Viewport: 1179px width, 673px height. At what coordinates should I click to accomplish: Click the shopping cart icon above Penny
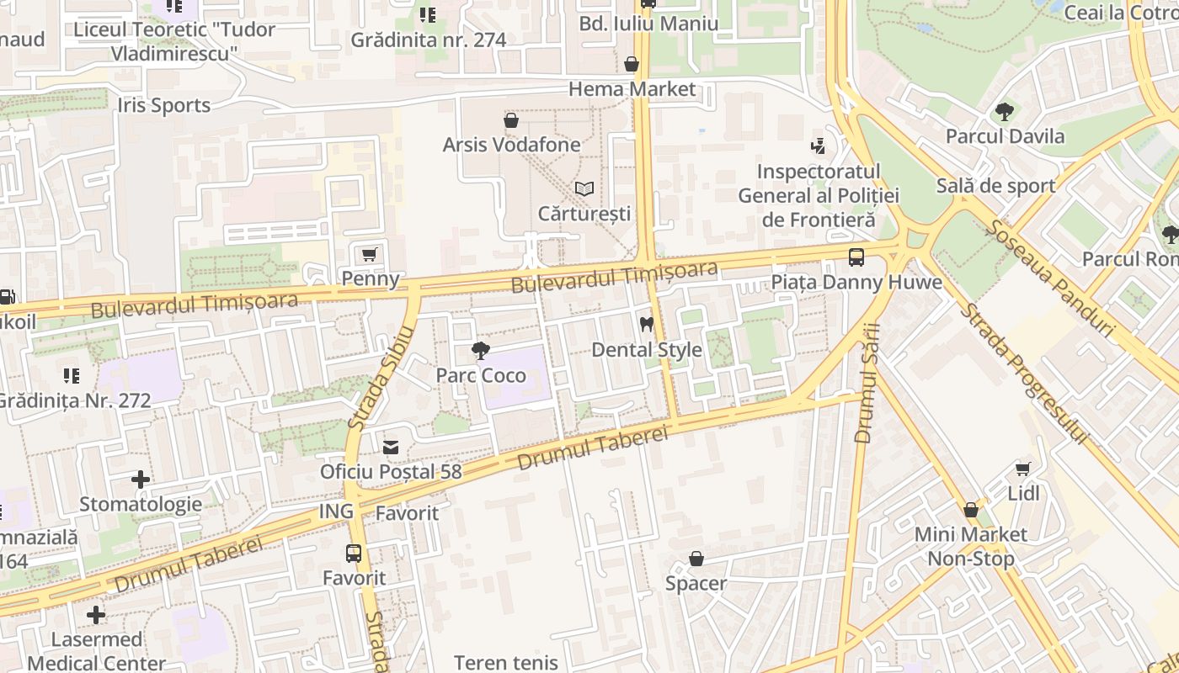click(368, 254)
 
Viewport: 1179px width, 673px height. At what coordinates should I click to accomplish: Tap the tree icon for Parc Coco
click(481, 350)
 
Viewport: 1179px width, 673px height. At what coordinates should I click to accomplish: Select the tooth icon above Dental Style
click(647, 324)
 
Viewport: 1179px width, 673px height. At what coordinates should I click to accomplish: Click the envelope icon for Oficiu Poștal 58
click(391, 447)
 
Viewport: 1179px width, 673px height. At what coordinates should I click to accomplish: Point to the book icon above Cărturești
click(584, 189)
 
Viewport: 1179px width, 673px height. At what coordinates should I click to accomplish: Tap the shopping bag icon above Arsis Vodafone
click(510, 120)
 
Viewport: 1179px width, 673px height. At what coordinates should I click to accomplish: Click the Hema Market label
click(632, 89)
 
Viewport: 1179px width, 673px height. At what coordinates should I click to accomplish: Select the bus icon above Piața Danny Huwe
click(856, 257)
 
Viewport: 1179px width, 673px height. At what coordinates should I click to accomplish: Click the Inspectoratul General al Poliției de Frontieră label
click(818, 196)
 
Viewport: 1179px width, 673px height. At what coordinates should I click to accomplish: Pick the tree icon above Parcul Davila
click(1004, 111)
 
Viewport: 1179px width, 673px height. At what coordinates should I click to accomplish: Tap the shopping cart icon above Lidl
click(1023, 469)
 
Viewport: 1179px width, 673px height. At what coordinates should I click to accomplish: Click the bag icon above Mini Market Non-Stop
click(970, 510)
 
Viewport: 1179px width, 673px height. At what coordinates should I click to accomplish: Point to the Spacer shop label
click(696, 583)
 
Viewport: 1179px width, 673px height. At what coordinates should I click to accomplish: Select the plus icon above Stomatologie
click(141, 480)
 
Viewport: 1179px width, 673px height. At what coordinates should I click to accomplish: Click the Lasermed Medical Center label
click(96, 651)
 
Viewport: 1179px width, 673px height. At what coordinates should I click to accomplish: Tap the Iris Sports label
click(163, 105)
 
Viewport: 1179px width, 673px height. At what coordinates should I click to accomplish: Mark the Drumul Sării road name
click(867, 383)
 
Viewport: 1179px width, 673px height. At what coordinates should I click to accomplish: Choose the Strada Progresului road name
click(1024, 374)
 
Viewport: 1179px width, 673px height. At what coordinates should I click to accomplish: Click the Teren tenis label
click(505, 662)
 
